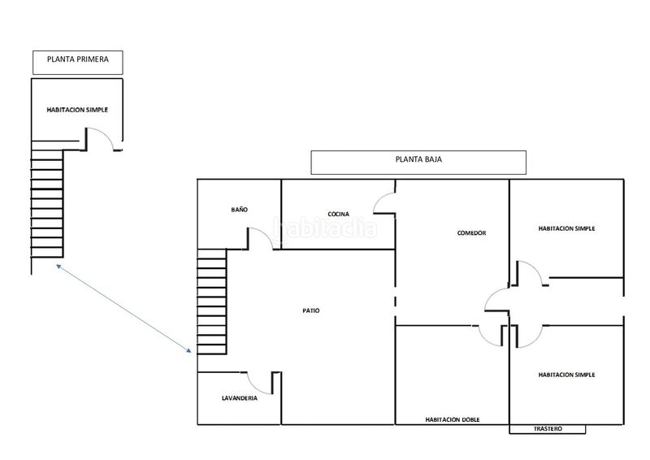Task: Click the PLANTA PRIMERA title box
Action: click(x=78, y=63)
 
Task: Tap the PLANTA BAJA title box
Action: click(x=418, y=163)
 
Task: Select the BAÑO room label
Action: click(x=239, y=210)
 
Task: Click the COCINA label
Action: click(x=338, y=214)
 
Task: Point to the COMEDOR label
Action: click(x=471, y=233)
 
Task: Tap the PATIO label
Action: click(x=311, y=310)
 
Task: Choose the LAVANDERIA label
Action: click(x=240, y=398)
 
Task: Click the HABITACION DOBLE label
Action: click(x=453, y=419)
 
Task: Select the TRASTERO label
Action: click(x=548, y=428)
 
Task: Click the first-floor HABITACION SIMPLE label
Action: click(x=77, y=110)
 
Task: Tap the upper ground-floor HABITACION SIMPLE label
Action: click(x=566, y=228)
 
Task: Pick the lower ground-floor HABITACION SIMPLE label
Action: click(x=566, y=375)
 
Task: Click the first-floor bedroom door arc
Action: click(x=106, y=133)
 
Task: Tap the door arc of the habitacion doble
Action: click(x=486, y=340)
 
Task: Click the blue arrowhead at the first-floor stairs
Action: click(x=58, y=267)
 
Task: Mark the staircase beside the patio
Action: click(x=212, y=302)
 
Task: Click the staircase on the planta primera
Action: click(x=47, y=199)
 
